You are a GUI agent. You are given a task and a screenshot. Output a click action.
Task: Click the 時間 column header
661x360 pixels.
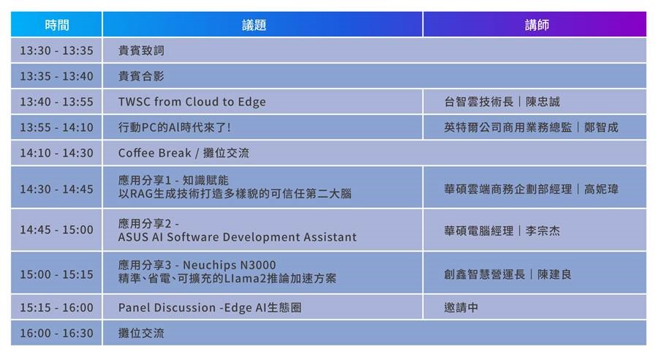57,25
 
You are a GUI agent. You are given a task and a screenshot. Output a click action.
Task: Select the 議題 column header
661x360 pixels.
254,25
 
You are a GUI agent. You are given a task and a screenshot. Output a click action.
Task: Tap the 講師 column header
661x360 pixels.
537,25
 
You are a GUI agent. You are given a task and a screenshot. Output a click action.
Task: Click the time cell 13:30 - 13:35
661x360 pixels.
56,50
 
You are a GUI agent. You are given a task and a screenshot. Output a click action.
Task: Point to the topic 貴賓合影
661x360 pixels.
141,76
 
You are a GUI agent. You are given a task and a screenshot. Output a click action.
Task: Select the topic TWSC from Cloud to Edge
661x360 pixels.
192,102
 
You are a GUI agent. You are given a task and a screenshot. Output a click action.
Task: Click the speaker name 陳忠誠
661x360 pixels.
543,102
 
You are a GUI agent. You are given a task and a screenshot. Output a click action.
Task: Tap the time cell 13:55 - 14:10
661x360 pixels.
56,127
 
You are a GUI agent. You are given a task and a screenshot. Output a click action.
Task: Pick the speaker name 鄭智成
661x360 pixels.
601,127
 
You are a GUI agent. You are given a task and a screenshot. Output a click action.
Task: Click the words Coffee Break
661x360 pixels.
154,153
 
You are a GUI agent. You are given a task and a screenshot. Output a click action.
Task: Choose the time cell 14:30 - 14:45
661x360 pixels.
56,189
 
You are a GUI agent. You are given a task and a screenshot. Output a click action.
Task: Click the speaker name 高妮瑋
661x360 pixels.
602,189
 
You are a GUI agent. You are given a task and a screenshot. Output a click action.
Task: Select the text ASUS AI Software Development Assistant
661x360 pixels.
238,237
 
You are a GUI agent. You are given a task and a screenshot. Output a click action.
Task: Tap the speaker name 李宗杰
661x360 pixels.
543,231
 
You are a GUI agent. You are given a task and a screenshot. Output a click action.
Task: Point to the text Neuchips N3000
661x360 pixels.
230,265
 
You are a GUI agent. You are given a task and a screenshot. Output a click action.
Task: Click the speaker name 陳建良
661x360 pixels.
555,274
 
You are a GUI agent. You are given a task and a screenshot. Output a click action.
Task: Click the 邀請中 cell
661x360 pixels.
461,307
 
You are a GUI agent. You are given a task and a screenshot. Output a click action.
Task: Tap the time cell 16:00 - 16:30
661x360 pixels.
56,333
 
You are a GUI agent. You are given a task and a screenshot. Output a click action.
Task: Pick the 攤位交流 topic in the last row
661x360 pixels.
141,333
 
